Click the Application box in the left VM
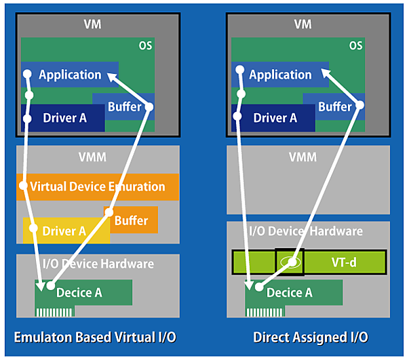click(70, 75)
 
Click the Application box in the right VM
click(280, 75)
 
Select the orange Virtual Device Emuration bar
click(98, 186)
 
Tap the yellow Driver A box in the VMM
click(64, 231)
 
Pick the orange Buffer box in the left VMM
click(133, 220)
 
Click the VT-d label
click(343, 261)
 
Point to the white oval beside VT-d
click(290, 261)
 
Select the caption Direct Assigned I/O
click(311, 338)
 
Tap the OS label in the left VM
click(144, 46)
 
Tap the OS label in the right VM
click(355, 46)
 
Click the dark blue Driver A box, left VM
click(65, 118)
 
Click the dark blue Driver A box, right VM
click(275, 118)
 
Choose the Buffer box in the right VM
click(335, 106)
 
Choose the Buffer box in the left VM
click(125, 106)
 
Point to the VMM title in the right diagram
click(303, 157)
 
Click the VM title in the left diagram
click(92, 24)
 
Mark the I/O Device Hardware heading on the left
click(98, 264)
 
